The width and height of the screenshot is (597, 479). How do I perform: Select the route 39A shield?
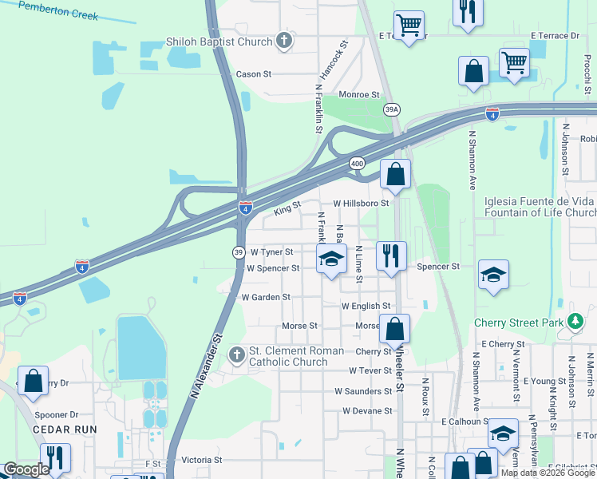click(x=391, y=109)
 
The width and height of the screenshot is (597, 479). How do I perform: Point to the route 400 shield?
click(x=357, y=163)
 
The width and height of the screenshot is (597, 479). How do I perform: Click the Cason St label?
click(x=254, y=74)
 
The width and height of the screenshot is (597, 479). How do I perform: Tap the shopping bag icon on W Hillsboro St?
click(x=395, y=173)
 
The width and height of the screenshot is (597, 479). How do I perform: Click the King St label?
click(x=287, y=208)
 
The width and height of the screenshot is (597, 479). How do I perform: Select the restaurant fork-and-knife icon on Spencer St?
click(x=390, y=256)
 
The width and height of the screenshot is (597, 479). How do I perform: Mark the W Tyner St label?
click(x=272, y=251)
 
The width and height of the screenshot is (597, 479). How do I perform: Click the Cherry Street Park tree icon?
click(x=575, y=322)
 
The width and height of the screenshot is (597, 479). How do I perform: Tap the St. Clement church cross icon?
click(x=236, y=355)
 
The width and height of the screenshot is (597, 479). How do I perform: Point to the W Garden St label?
click(x=266, y=297)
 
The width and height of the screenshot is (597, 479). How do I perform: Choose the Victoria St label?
click(x=201, y=461)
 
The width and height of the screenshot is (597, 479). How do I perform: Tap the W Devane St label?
click(x=368, y=411)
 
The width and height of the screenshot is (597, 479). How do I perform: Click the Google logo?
click(x=26, y=469)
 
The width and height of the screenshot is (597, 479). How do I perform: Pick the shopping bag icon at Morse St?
click(x=395, y=328)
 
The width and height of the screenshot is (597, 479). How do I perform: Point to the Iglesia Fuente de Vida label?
click(x=540, y=201)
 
